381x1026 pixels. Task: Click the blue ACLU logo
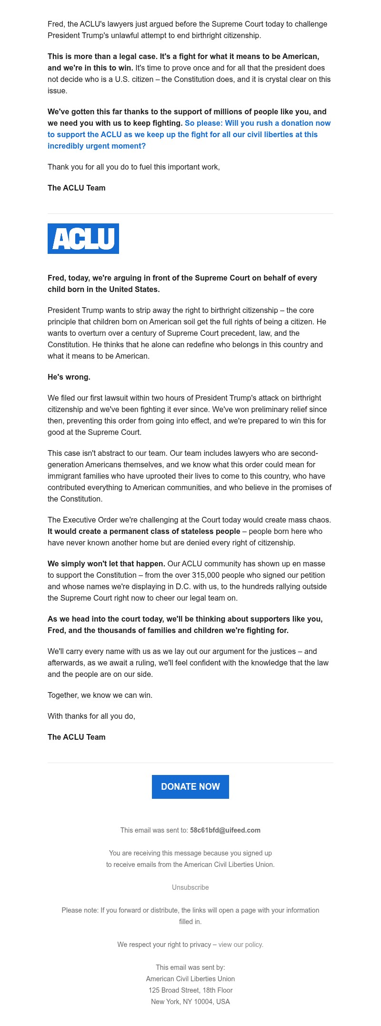point(83,239)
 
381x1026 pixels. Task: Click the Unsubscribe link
point(190,887)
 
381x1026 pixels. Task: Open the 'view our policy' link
point(241,945)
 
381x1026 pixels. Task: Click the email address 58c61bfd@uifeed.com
point(225,830)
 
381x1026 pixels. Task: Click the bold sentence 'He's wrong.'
point(69,377)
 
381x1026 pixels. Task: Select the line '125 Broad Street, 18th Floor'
point(190,990)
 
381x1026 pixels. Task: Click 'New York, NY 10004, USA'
point(190,1002)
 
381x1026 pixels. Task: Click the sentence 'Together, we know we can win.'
point(100,695)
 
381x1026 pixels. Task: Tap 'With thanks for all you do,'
point(91,716)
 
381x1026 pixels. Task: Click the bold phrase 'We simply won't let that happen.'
point(106,563)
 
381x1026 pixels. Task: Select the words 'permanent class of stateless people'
point(175,531)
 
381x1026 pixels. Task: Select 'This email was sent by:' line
point(190,967)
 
